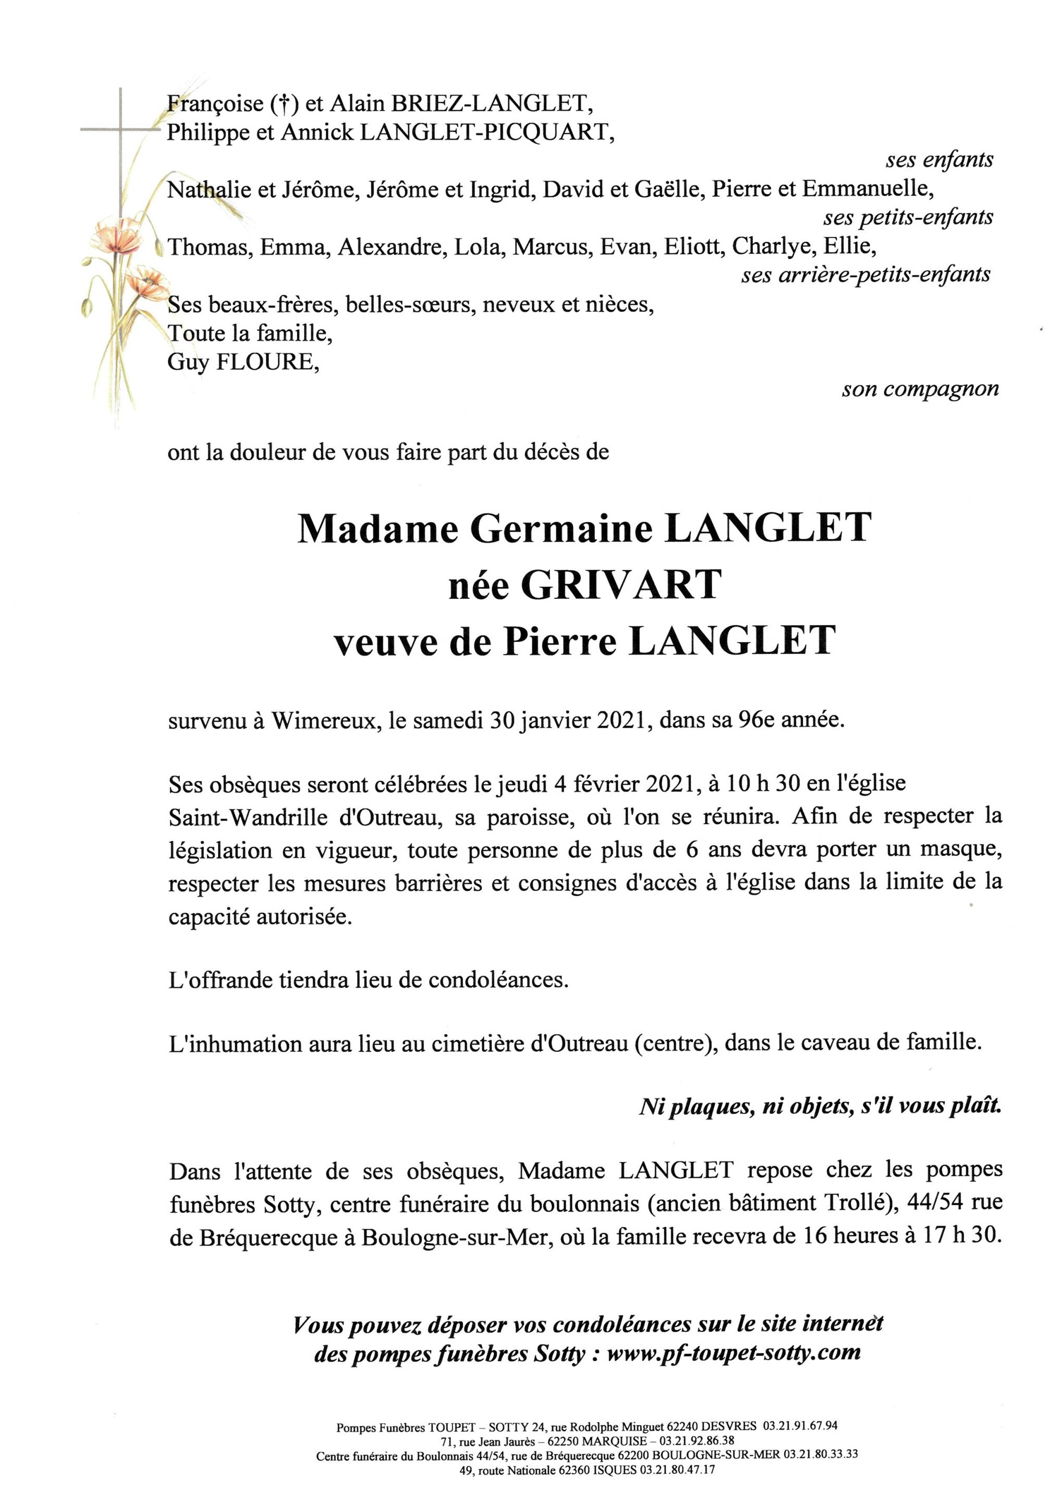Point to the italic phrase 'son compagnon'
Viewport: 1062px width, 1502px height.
[x=920, y=390]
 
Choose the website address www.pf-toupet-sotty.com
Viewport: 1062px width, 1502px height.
[x=733, y=1353]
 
